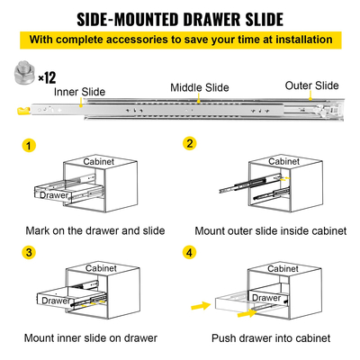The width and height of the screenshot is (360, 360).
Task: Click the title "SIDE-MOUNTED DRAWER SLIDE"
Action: [x=179, y=19]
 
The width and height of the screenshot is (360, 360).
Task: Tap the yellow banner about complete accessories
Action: [x=179, y=40]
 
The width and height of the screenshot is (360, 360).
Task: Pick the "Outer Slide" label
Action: [x=311, y=86]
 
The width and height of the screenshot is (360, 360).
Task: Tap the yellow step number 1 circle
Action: [x=31, y=145]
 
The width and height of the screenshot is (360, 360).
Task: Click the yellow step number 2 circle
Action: [x=190, y=144]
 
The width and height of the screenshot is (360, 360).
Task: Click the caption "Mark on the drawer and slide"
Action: [x=94, y=230]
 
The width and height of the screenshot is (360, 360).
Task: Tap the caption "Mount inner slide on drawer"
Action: [x=94, y=339]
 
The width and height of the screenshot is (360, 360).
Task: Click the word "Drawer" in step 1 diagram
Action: [x=53, y=194]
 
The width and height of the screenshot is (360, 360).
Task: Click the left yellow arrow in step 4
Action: [x=198, y=309]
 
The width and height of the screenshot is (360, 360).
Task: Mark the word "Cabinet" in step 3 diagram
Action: [x=106, y=268]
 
